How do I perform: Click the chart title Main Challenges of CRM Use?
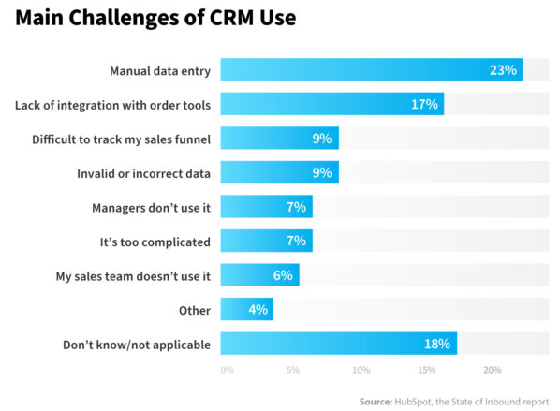pyautogui.click(x=155, y=19)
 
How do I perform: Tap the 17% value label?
pyautogui.click(x=424, y=104)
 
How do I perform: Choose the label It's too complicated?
pyautogui.click(x=155, y=242)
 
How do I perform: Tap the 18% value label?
pyautogui.click(x=437, y=344)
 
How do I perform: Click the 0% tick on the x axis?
pyautogui.click(x=227, y=370)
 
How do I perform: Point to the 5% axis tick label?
pyautogui.click(x=293, y=370)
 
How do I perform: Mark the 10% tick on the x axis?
pyautogui.click(x=360, y=370)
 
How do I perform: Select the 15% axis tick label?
pyautogui.click(x=426, y=370)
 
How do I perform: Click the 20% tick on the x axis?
pyautogui.click(x=493, y=370)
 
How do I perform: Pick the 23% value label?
pyautogui.click(x=504, y=70)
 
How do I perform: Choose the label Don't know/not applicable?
pyautogui.click(x=136, y=345)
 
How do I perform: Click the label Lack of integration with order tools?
pyautogui.click(x=112, y=105)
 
